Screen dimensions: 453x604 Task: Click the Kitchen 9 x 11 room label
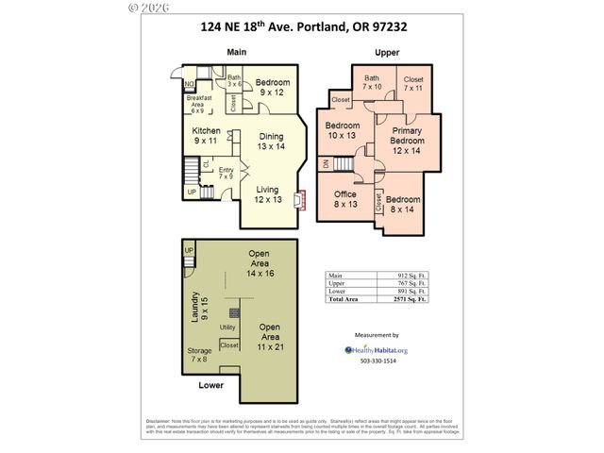[207, 135]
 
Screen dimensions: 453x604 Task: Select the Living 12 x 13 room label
[267, 193]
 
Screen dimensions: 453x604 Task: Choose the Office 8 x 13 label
[345, 199]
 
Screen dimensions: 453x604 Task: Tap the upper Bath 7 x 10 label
[372, 82]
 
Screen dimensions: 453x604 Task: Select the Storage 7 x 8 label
[199, 354]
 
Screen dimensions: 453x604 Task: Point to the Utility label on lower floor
[227, 327]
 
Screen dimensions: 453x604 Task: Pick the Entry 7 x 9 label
[225, 173]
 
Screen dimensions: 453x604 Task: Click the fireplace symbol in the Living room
[298, 201]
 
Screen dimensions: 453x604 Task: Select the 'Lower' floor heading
[211, 385]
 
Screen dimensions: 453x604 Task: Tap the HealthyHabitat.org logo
[376, 348]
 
